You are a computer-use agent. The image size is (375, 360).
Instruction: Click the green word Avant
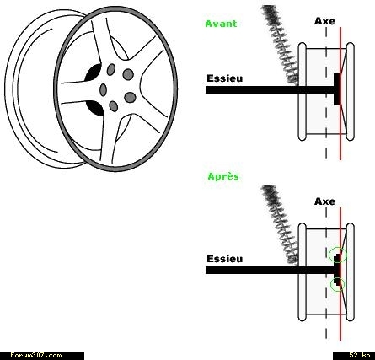221,24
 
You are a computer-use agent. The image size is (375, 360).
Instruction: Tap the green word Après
223,176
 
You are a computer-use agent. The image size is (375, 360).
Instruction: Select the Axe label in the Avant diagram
324,21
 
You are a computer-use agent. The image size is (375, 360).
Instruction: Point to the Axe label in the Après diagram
324,201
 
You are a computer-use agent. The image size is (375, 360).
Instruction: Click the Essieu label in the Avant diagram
225,78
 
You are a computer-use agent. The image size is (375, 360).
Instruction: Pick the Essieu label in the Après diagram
225,259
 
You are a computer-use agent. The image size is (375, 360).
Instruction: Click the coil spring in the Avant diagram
280,45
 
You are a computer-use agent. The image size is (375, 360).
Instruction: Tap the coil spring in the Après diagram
280,225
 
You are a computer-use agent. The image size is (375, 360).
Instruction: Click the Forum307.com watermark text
36,356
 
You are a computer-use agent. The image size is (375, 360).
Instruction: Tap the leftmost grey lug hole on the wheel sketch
104,89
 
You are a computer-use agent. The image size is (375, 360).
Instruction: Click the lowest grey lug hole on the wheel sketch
114,106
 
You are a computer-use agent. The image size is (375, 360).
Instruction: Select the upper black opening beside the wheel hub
94,73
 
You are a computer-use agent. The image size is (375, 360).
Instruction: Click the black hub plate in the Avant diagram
337,89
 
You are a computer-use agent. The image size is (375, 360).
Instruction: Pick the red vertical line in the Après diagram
340,274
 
